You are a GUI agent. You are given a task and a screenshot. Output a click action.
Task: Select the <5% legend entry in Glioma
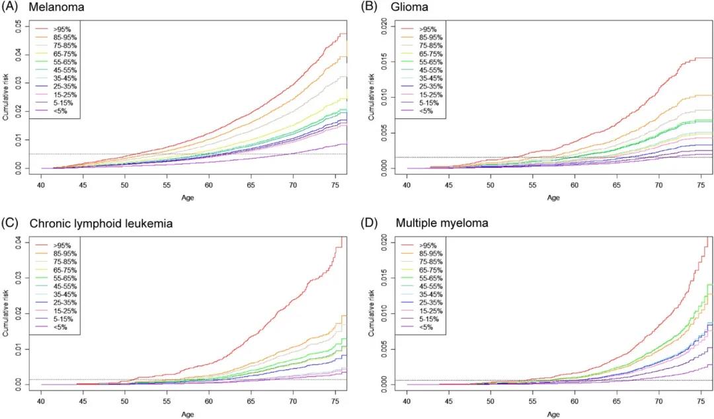tap(426, 111)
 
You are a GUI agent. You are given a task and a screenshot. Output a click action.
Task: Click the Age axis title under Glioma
tap(553, 198)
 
